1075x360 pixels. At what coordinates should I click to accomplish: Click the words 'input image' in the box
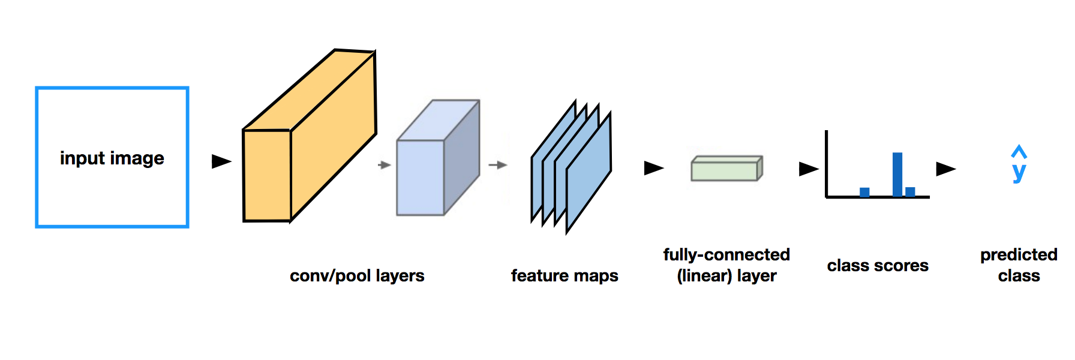112,158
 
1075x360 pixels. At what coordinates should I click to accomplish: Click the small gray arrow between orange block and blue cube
385,165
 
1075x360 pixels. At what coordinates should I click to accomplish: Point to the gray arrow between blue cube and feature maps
497,165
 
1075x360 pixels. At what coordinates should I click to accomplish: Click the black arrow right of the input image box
221,161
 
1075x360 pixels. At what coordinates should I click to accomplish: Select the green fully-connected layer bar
725,170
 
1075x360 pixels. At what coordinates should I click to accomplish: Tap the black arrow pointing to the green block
653,168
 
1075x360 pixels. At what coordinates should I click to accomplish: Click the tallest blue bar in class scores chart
897,174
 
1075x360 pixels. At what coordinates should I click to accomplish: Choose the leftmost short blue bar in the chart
864,192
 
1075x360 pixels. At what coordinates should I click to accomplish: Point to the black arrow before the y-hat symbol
945,169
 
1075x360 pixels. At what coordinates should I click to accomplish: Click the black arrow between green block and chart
808,169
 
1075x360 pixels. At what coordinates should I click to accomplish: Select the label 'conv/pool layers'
357,275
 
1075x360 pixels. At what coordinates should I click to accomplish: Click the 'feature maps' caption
564,275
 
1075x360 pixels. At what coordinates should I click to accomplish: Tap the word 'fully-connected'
726,254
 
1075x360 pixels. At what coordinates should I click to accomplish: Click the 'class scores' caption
878,265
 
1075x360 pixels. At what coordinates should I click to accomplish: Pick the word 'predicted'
1019,254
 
